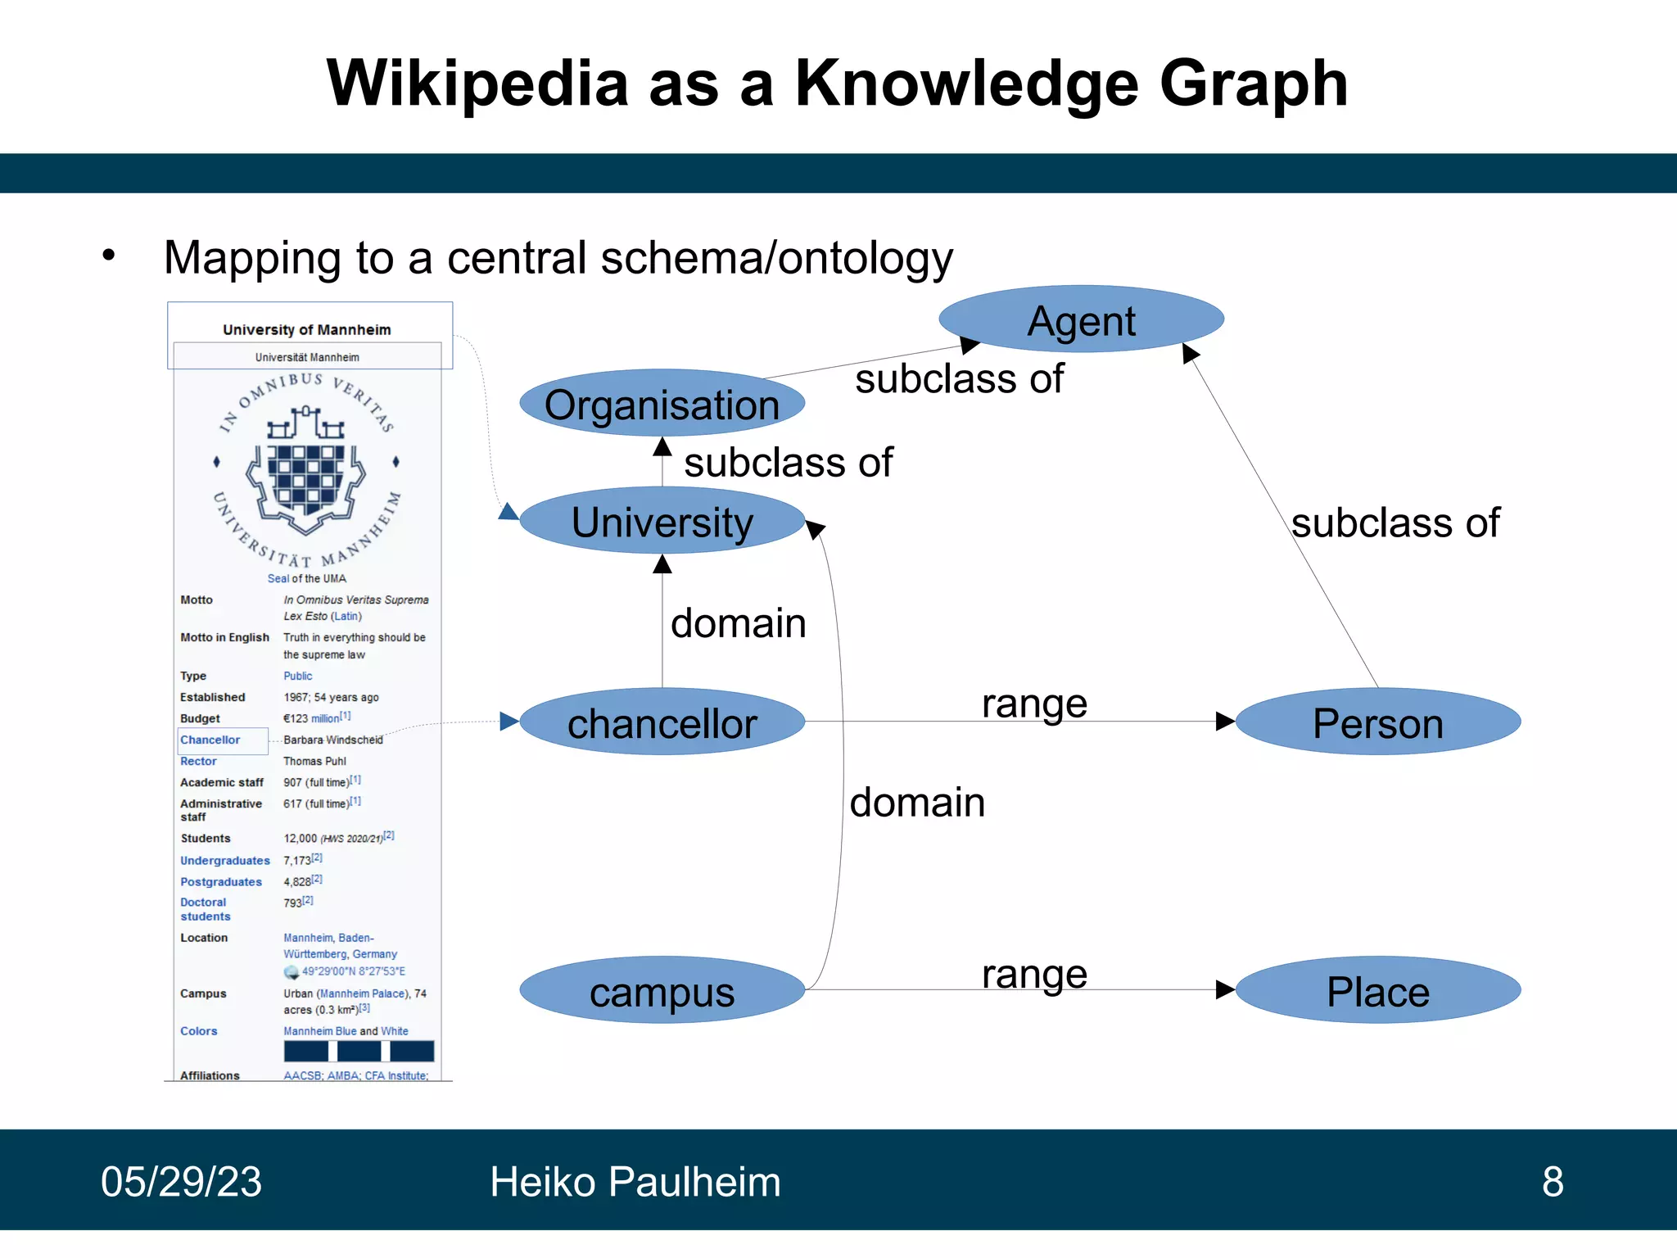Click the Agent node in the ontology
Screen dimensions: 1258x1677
pyautogui.click(x=1081, y=319)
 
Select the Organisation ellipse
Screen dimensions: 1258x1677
pyautogui.click(x=662, y=405)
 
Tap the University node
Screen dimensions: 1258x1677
pyautogui.click(x=662, y=522)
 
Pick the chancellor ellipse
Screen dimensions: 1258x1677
pyautogui.click(x=662, y=722)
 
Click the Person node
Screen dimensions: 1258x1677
pyautogui.click(x=1377, y=722)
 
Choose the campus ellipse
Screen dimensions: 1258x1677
pyautogui.click(x=662, y=991)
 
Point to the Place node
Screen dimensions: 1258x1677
pyautogui.click(x=1377, y=991)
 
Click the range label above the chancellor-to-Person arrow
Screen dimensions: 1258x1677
pyautogui.click(x=1034, y=703)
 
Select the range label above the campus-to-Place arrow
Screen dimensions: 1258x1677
pyautogui.click(x=1034, y=973)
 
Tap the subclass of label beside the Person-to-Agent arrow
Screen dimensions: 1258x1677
pyautogui.click(x=1395, y=523)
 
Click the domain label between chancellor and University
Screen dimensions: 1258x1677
pyautogui.click(x=738, y=623)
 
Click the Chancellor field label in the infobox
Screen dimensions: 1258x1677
pyautogui.click(x=210, y=740)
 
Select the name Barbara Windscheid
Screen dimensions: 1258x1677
pyautogui.click(x=332, y=740)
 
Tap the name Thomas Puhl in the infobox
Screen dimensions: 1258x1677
pyautogui.click(x=314, y=761)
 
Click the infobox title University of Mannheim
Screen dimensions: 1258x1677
pyautogui.click(x=306, y=329)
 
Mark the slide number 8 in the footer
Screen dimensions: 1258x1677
pyautogui.click(x=1553, y=1182)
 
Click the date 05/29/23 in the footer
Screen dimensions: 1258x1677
pyautogui.click(x=181, y=1182)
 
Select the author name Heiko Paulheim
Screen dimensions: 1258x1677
pyautogui.click(x=635, y=1182)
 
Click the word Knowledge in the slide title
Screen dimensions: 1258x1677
pyautogui.click(x=966, y=84)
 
